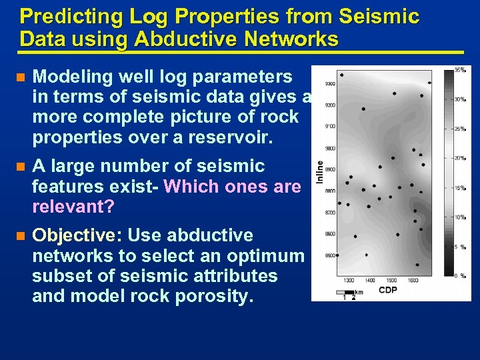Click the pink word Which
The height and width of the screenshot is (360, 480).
[193, 187]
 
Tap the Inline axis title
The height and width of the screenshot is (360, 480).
[319, 173]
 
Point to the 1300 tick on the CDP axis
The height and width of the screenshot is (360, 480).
[349, 281]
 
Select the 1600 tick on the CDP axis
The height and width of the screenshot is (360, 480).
[413, 281]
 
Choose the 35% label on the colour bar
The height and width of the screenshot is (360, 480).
[460, 70]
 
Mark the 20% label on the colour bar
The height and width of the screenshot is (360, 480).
[460, 158]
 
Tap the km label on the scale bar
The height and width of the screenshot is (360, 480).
[359, 292]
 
